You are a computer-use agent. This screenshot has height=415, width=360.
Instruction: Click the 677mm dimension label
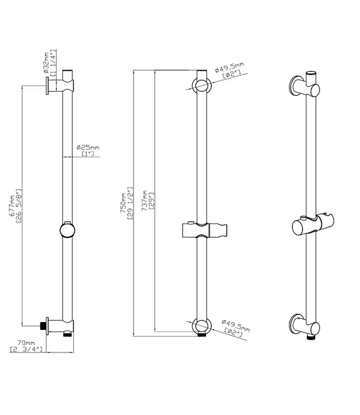point(12,206)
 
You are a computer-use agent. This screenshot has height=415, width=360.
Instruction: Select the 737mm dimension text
point(145,201)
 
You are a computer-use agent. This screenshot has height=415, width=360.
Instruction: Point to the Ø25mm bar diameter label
point(88,147)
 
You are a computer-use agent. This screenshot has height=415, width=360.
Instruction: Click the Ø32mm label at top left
point(47,63)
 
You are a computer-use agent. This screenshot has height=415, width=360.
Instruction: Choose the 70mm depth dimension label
point(26,343)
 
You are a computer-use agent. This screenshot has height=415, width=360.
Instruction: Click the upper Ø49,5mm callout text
point(229,67)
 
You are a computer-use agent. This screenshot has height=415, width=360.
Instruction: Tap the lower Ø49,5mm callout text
point(236,325)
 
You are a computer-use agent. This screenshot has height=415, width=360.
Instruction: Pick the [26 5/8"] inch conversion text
point(18,206)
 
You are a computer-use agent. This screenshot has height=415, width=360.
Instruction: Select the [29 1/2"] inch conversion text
point(130,204)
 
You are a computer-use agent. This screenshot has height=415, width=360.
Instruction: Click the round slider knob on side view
point(67,230)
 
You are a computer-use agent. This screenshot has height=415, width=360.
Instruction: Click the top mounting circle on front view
point(202,85)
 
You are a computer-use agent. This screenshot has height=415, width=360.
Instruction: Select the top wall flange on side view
point(47,86)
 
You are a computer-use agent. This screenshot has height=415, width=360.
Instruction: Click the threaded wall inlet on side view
point(43,326)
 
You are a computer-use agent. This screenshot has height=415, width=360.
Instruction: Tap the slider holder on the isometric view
point(313,225)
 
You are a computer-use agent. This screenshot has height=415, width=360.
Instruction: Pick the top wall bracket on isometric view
point(305,87)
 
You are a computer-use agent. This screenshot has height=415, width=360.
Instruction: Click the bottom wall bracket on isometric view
point(305,325)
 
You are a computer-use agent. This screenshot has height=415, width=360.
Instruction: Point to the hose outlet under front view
point(202,335)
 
